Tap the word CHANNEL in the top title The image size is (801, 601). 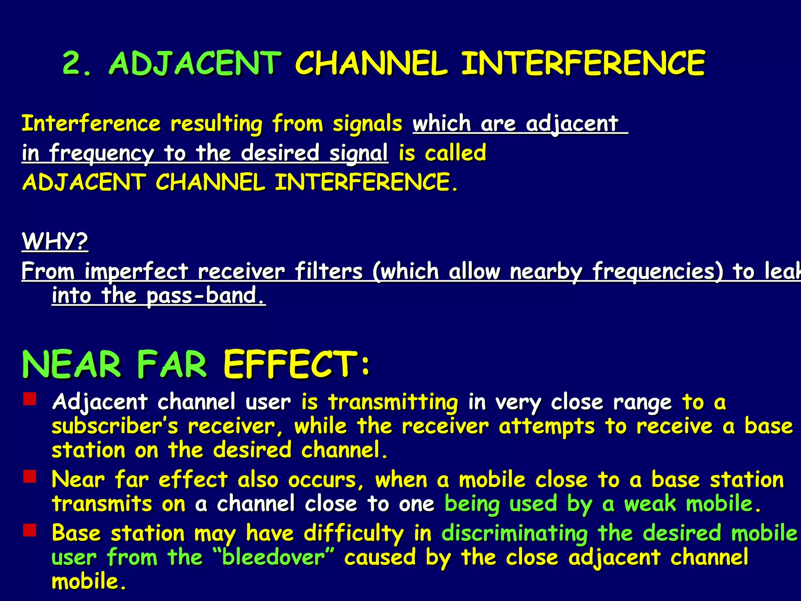(371, 63)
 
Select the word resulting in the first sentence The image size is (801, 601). (216, 124)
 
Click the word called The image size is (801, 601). (456, 153)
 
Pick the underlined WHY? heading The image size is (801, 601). (55, 241)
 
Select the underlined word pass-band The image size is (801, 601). (206, 296)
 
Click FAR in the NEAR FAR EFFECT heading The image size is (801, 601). (171, 365)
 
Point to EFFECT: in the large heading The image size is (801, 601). (296, 365)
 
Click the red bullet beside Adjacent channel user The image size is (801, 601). (30, 399)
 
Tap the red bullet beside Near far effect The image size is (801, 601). (30, 477)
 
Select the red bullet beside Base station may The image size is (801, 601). (30, 530)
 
